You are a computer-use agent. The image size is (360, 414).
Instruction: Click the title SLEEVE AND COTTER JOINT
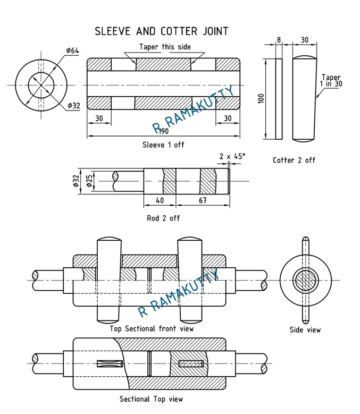click(161, 31)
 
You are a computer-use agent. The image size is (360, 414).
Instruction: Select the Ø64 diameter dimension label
click(73, 50)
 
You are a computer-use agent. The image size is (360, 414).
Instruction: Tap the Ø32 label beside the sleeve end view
click(73, 106)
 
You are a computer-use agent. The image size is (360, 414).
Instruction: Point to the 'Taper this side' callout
click(165, 47)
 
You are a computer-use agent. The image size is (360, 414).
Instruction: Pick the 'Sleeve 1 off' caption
click(163, 145)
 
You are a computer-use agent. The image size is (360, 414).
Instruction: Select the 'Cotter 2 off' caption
click(294, 160)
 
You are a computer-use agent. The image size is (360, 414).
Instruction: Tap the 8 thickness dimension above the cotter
click(279, 40)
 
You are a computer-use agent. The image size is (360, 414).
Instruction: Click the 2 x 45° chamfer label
click(232, 156)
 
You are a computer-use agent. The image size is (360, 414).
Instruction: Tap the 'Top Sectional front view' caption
click(152, 328)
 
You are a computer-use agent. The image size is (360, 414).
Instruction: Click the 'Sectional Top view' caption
click(151, 399)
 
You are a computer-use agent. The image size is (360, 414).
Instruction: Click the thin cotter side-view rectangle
click(279, 99)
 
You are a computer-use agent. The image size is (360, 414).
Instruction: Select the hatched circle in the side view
click(305, 279)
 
